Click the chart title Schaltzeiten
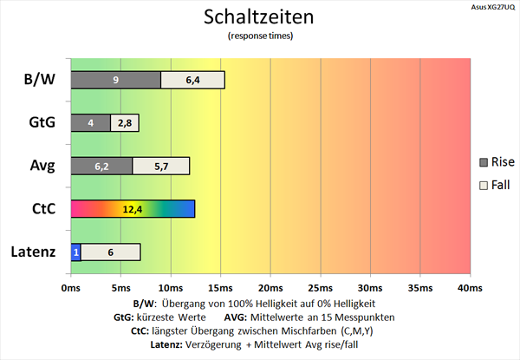[x=260, y=17]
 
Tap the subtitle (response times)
[x=260, y=36]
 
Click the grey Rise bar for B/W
[x=115, y=80]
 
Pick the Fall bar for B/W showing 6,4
[x=192, y=80]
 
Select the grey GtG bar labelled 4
[x=90, y=123]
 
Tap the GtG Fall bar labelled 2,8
[x=125, y=123]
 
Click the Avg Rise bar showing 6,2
[x=101, y=166]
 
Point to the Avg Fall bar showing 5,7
[x=161, y=166]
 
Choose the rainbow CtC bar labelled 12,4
[x=133, y=209]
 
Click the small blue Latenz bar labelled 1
[x=76, y=252]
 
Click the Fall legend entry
[x=496, y=184]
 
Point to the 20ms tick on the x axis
[x=270, y=288]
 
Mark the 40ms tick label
[x=469, y=288]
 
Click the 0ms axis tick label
[x=71, y=288]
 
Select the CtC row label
[x=41, y=209]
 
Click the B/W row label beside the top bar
[x=40, y=80]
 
